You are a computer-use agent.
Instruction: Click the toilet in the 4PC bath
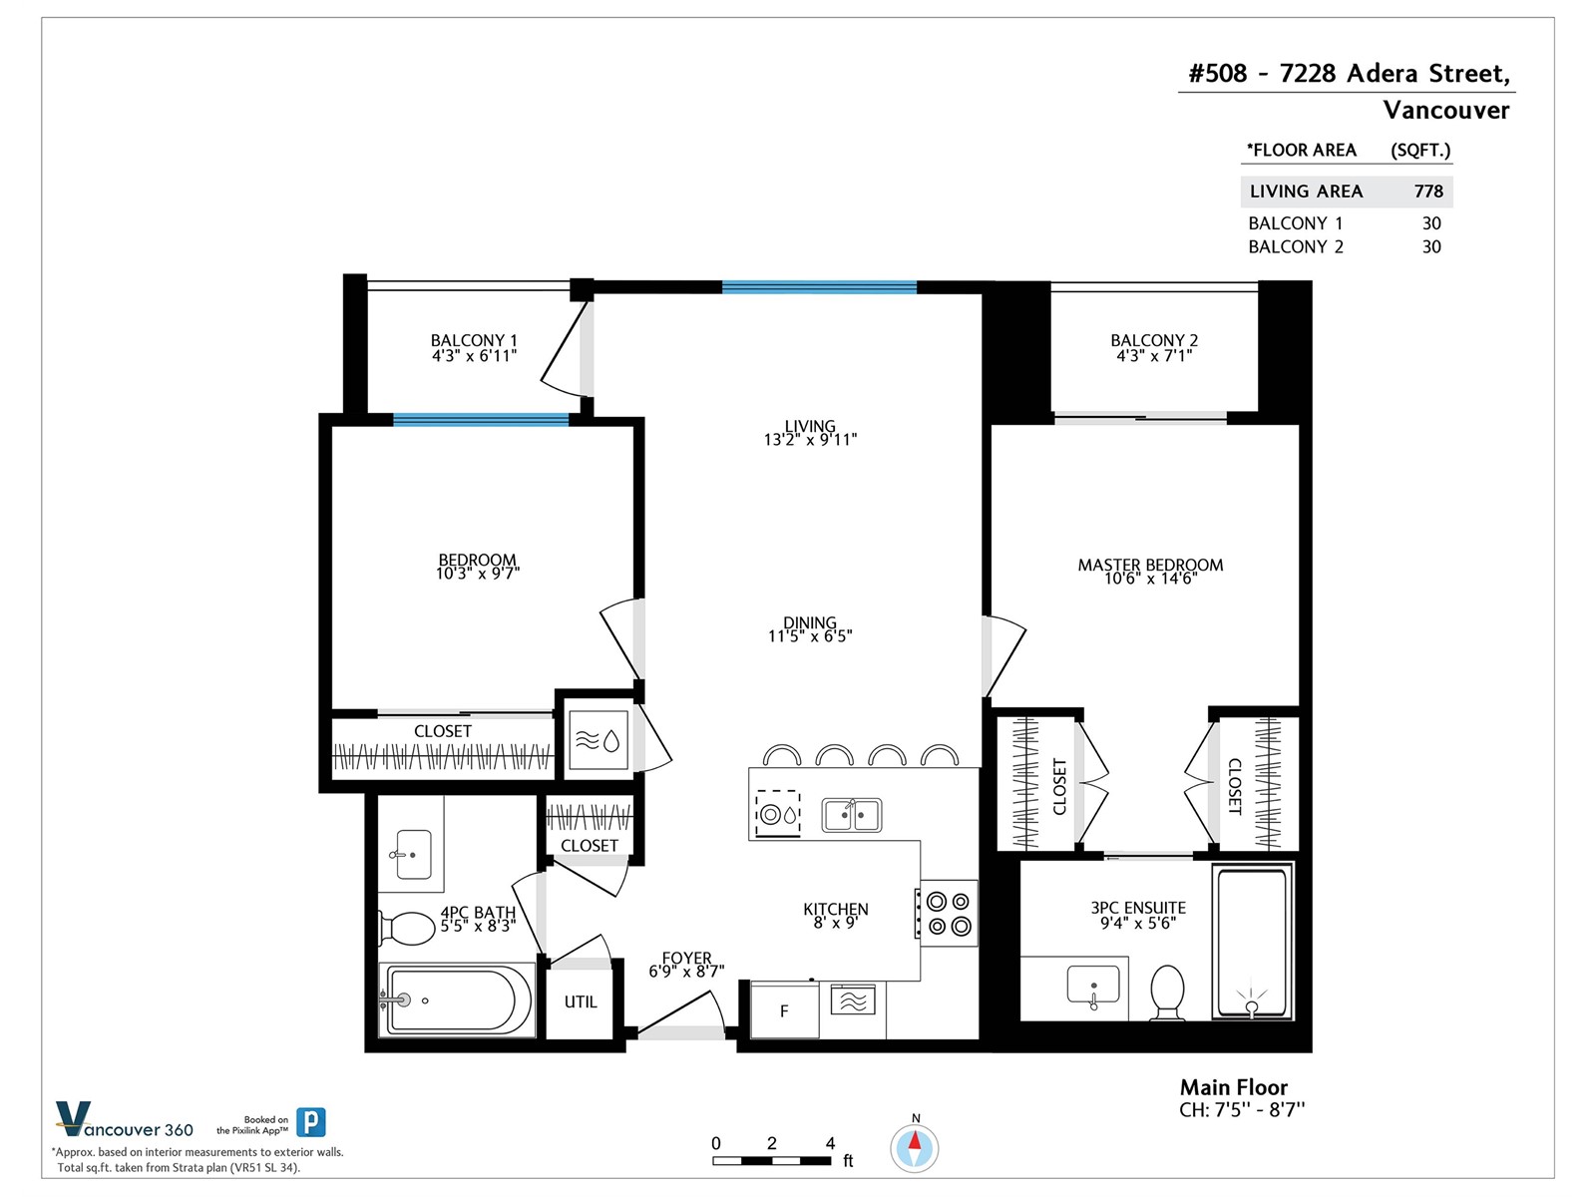click(406, 928)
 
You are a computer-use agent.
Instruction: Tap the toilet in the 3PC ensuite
click(1168, 993)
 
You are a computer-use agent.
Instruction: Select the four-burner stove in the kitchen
click(949, 913)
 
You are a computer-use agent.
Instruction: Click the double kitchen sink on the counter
click(852, 814)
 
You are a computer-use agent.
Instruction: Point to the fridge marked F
click(785, 1010)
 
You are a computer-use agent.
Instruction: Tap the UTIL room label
click(581, 1001)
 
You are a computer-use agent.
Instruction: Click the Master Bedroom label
click(1150, 565)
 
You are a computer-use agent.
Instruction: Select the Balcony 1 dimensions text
click(474, 356)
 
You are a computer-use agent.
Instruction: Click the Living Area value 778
click(1428, 192)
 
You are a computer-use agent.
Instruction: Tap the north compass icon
click(915, 1149)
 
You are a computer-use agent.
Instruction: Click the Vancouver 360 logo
click(125, 1120)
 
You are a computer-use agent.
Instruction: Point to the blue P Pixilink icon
click(311, 1122)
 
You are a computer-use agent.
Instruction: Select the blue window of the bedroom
click(481, 419)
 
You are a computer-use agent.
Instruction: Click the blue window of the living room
click(820, 287)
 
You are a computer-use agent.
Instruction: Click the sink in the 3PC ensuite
click(1093, 987)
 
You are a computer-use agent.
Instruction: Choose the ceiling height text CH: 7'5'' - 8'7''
click(1242, 1110)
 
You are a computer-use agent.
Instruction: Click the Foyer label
click(686, 958)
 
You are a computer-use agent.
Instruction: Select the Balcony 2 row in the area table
click(1345, 247)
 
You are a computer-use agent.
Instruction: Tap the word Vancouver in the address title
click(1446, 110)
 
